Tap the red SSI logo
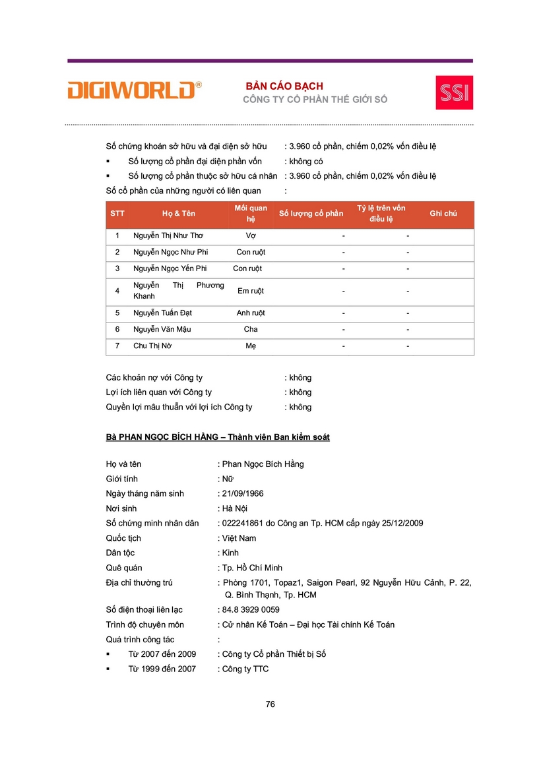454,92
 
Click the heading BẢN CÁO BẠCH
284,86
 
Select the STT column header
117,214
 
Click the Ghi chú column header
443,214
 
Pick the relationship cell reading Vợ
251,235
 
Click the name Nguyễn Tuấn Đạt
162,313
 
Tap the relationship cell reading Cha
251,330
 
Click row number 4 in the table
117,291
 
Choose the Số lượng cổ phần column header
311,214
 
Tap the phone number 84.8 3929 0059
251,610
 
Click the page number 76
270,704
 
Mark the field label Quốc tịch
125,538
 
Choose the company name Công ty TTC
245,669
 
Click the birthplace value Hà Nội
235,508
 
